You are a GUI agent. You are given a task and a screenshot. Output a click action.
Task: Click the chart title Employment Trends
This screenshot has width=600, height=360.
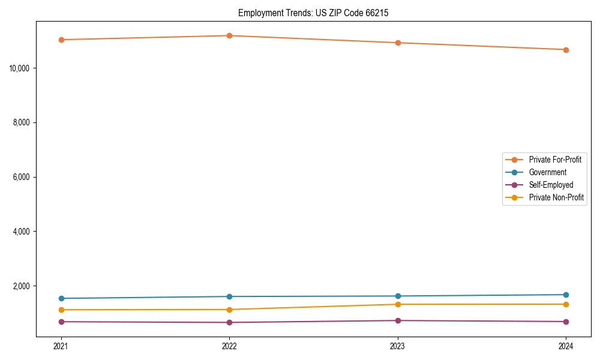pos(313,13)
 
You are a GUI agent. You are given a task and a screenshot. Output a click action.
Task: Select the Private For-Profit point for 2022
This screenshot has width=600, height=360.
pos(229,35)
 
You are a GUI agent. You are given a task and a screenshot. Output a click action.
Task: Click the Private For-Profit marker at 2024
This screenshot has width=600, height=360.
pos(566,50)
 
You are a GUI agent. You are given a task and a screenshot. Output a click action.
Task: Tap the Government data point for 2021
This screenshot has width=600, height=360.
pos(61,298)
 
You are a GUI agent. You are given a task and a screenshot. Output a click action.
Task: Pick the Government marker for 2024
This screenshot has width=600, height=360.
pos(566,295)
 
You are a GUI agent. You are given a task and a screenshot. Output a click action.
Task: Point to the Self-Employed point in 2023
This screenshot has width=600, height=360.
pos(398,320)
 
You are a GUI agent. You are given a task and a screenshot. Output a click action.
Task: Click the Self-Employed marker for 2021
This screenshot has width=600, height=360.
pos(61,322)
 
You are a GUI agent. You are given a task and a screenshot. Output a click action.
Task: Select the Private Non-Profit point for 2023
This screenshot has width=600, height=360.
pos(398,304)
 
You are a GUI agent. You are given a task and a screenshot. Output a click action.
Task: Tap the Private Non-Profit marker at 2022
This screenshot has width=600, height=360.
pos(229,310)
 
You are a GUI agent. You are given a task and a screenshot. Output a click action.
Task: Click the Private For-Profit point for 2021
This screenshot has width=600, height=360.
pos(61,40)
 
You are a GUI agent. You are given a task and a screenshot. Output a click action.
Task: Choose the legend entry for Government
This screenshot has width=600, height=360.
pos(547,172)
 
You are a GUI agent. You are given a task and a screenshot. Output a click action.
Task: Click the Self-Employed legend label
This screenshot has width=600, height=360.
pos(551,185)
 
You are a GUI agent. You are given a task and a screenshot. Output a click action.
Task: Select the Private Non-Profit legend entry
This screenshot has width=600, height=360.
pos(556,197)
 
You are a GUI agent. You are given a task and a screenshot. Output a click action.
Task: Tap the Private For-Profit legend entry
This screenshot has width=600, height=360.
pos(555,160)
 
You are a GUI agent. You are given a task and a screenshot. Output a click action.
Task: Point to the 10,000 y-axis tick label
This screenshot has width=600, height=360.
pos(21,68)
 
